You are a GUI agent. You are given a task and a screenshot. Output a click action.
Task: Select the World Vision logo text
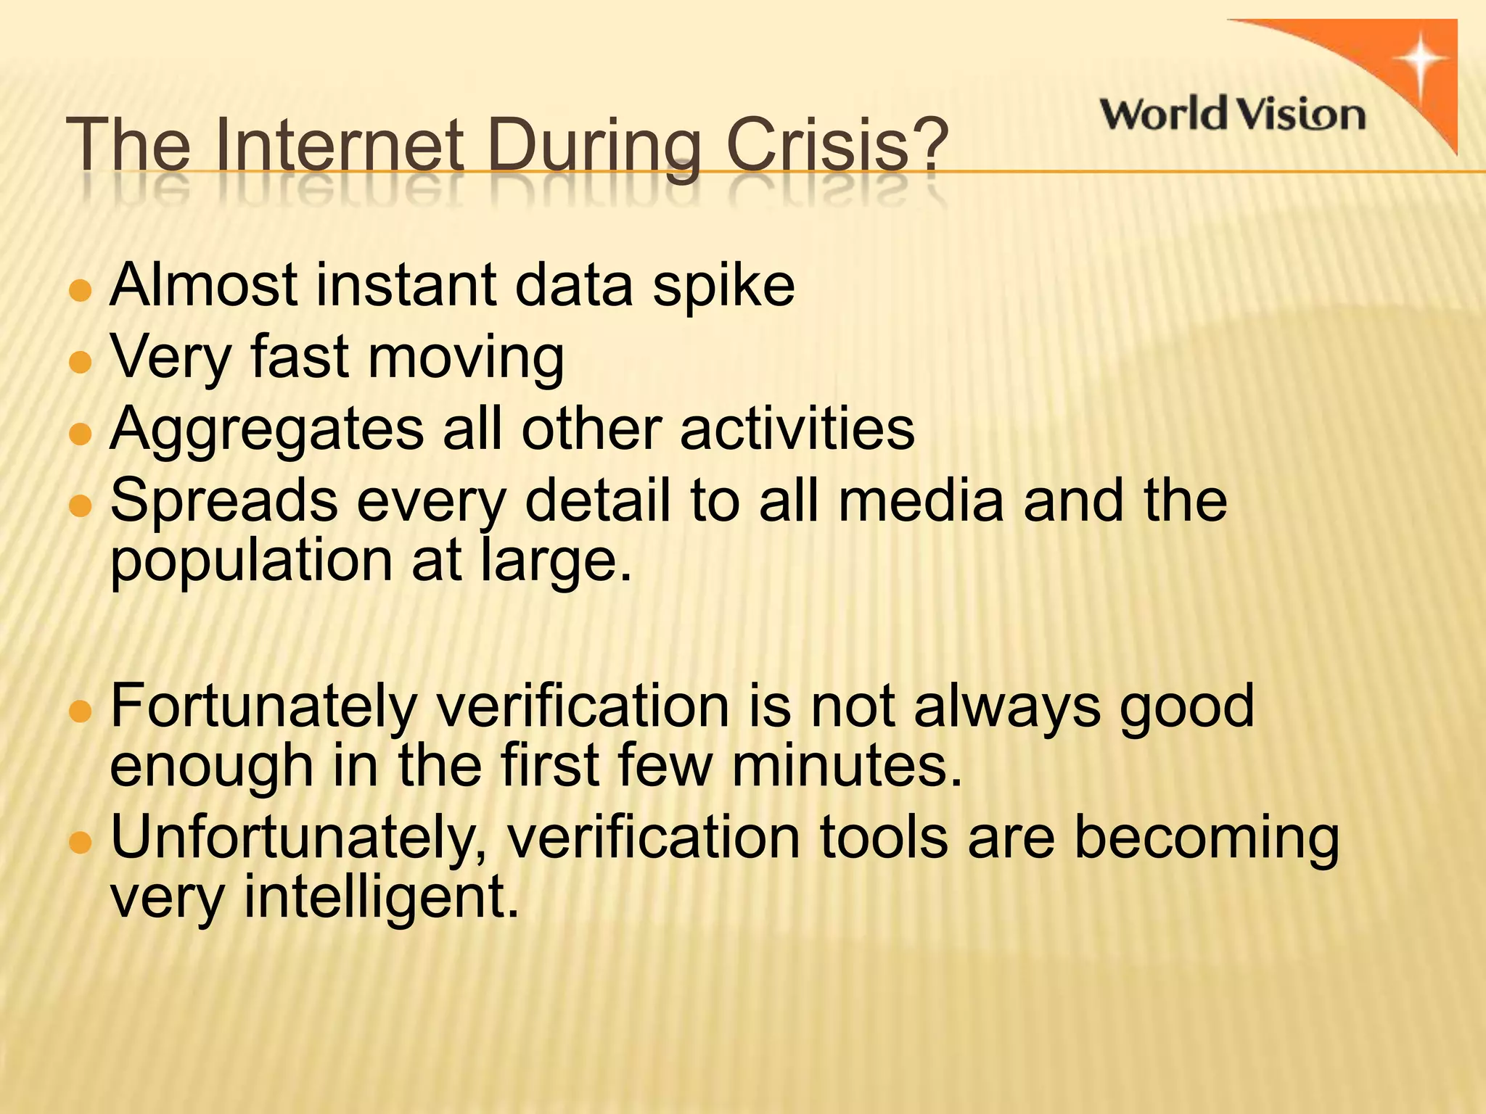point(1232,115)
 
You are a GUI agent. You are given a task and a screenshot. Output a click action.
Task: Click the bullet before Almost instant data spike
point(81,292)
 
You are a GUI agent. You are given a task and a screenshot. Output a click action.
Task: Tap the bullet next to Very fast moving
point(81,361)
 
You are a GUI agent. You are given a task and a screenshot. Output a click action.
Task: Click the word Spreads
point(223,501)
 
